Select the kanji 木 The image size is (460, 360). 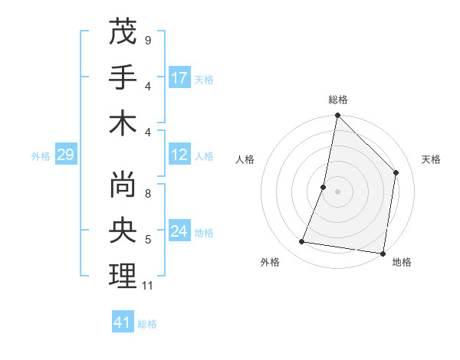(x=123, y=123)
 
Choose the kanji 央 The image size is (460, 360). (x=123, y=231)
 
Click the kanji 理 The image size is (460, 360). (x=123, y=276)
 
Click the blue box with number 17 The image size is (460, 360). (x=180, y=78)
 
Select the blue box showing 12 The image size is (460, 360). (x=180, y=155)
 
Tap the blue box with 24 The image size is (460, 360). (x=180, y=232)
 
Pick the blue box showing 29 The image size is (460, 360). (x=65, y=155)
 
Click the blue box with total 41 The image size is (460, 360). (x=123, y=322)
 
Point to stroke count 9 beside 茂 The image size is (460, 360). (x=147, y=39)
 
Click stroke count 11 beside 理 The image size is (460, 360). (x=148, y=286)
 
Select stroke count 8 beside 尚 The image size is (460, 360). (x=147, y=194)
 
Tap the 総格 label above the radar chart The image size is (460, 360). (x=337, y=100)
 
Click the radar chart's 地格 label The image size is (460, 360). (x=402, y=262)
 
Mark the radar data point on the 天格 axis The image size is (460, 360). (x=396, y=172)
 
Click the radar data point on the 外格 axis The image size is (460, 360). (x=302, y=242)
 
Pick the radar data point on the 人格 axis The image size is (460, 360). (x=324, y=187)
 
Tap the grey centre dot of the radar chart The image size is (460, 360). (x=337, y=191)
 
